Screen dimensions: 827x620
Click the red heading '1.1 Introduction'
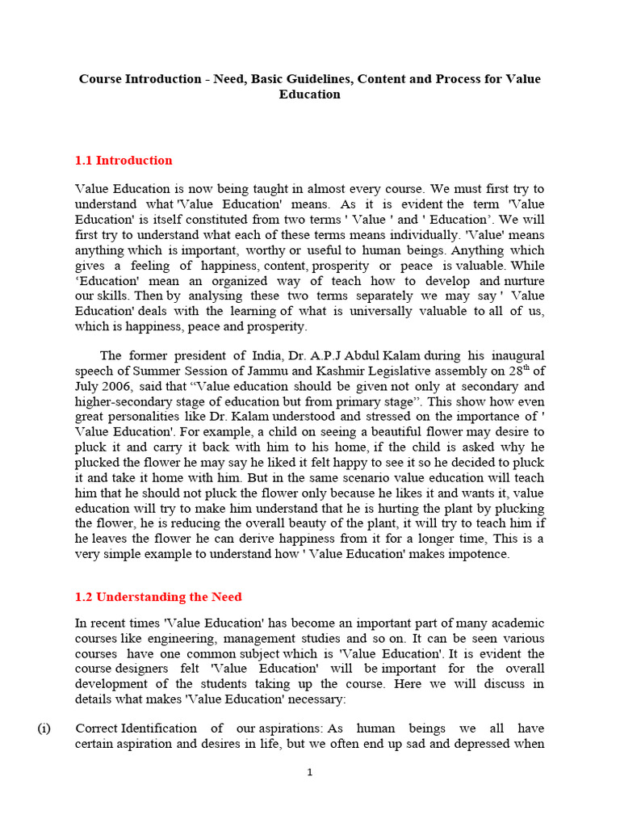click(x=124, y=161)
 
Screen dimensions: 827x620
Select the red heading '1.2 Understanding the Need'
click(x=158, y=598)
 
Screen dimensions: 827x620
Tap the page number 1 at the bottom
click(x=309, y=772)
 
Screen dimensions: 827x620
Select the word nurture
click(x=524, y=281)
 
